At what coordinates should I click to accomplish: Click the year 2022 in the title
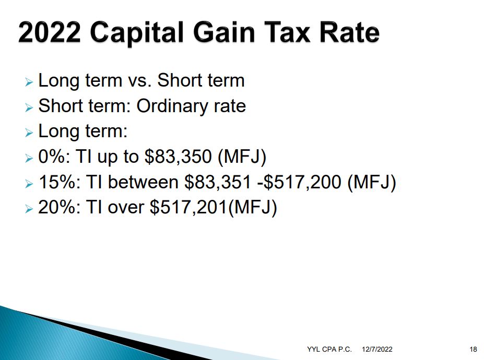50,32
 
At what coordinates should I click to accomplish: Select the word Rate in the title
349,32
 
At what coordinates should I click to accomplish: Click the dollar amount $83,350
178,157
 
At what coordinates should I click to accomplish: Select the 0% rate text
52,157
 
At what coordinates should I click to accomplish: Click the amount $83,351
218,182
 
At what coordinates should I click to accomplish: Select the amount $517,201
188,207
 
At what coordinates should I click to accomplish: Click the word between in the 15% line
143,182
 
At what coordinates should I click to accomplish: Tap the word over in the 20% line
126,208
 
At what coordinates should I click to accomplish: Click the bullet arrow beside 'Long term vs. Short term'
29,82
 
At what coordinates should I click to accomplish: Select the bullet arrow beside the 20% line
29,209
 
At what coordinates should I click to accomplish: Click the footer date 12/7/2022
377,349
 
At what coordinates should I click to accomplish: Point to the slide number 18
473,349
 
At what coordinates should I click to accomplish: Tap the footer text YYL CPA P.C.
329,349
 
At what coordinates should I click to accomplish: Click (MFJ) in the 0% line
242,157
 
